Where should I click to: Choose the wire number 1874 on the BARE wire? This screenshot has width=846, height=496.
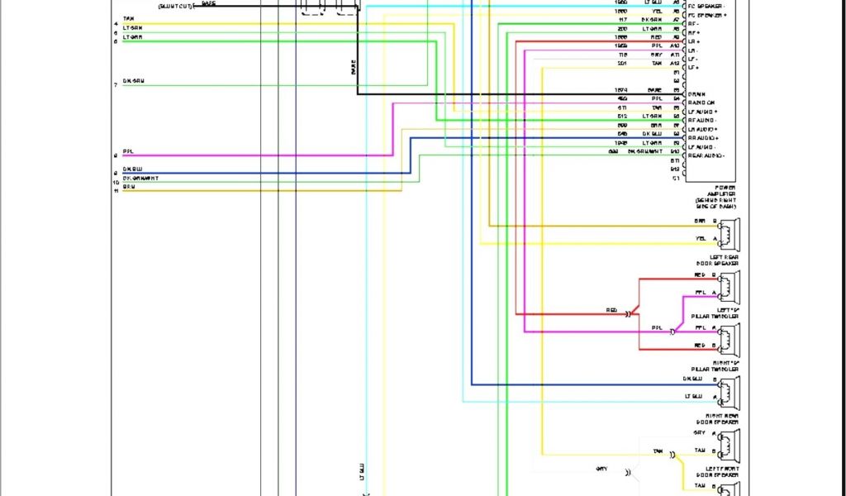621,90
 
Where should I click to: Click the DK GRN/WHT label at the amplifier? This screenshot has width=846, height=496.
644,152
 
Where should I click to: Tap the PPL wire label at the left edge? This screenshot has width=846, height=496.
128,151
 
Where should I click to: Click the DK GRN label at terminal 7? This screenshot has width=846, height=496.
135,81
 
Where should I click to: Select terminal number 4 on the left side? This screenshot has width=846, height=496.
116,23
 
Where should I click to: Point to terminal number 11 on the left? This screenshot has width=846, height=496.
116,190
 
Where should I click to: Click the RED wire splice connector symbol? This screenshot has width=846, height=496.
629,313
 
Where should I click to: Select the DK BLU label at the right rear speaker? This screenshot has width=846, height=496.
693,379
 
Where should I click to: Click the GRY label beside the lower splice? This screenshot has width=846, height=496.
601,469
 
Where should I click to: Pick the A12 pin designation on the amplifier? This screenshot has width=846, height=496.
675,64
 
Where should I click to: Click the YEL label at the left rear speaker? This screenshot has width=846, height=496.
701,239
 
